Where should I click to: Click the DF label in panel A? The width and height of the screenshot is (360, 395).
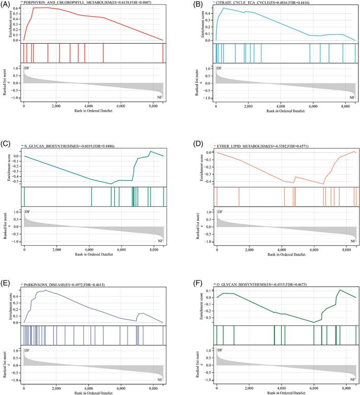click(27, 68)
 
